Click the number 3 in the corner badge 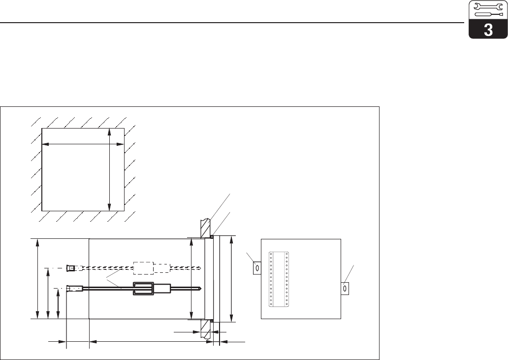(x=488, y=31)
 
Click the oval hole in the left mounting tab (x=257, y=268)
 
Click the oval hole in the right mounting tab (x=345, y=288)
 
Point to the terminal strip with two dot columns (x=279, y=279)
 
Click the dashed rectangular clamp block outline (x=144, y=268)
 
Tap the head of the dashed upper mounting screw (x=70, y=268)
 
